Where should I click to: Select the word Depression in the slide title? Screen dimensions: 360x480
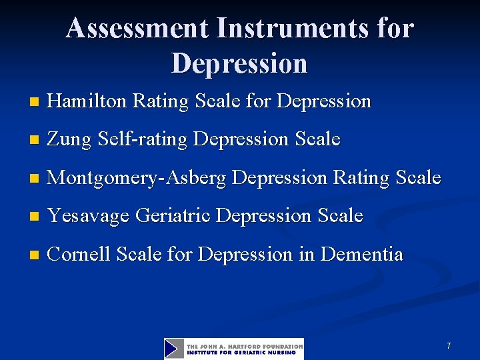239,63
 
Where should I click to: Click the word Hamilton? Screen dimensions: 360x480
88,101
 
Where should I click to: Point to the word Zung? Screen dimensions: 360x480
70,139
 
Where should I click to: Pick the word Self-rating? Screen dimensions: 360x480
141,139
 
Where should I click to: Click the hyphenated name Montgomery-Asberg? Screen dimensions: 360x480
138,178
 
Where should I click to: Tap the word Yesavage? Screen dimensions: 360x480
89,216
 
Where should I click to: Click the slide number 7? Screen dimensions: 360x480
449,346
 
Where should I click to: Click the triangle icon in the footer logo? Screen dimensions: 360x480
174,349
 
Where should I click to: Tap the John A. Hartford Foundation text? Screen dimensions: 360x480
245,346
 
